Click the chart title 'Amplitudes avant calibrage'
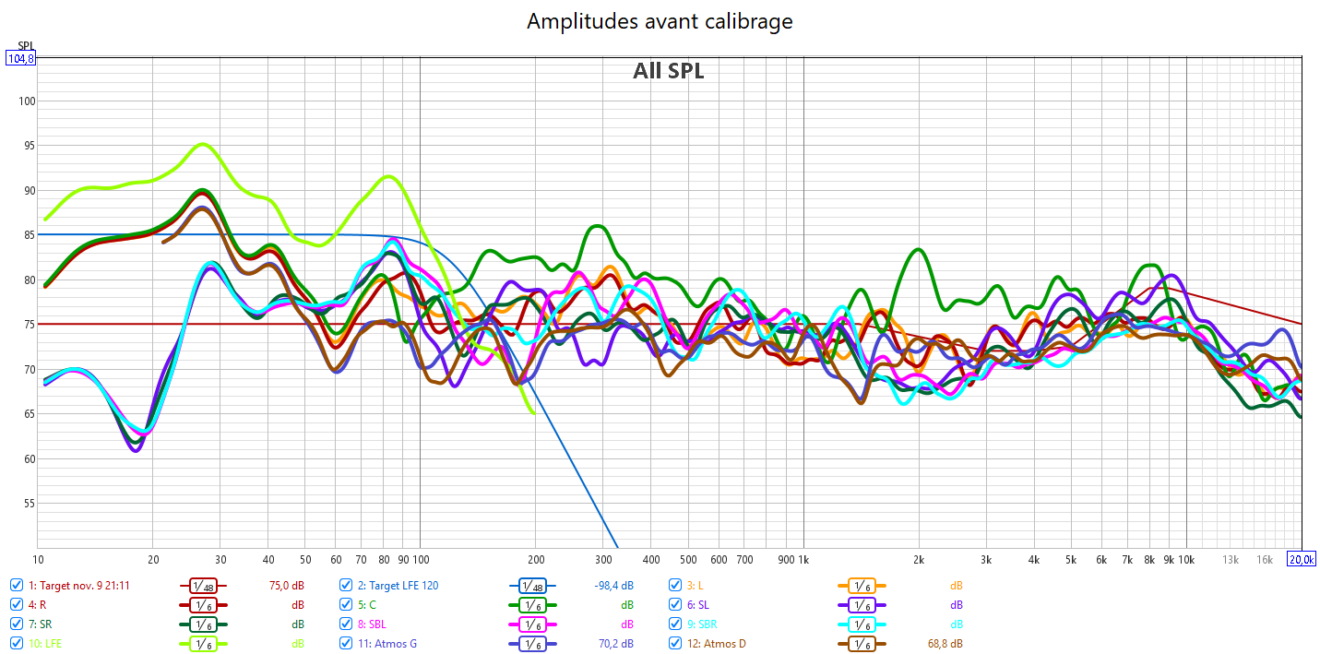pos(660,21)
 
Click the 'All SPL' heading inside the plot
pos(668,71)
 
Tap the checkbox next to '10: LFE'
pos(17,643)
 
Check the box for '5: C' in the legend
pos(346,604)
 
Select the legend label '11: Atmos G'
pos(386,643)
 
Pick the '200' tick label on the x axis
pos(535,560)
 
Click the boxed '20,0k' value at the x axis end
pos(1302,560)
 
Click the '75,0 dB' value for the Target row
pos(287,585)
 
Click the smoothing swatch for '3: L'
pos(860,585)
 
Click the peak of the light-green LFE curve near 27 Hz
pos(203,144)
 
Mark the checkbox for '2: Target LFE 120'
pos(346,585)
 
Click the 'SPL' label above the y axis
pos(26,45)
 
